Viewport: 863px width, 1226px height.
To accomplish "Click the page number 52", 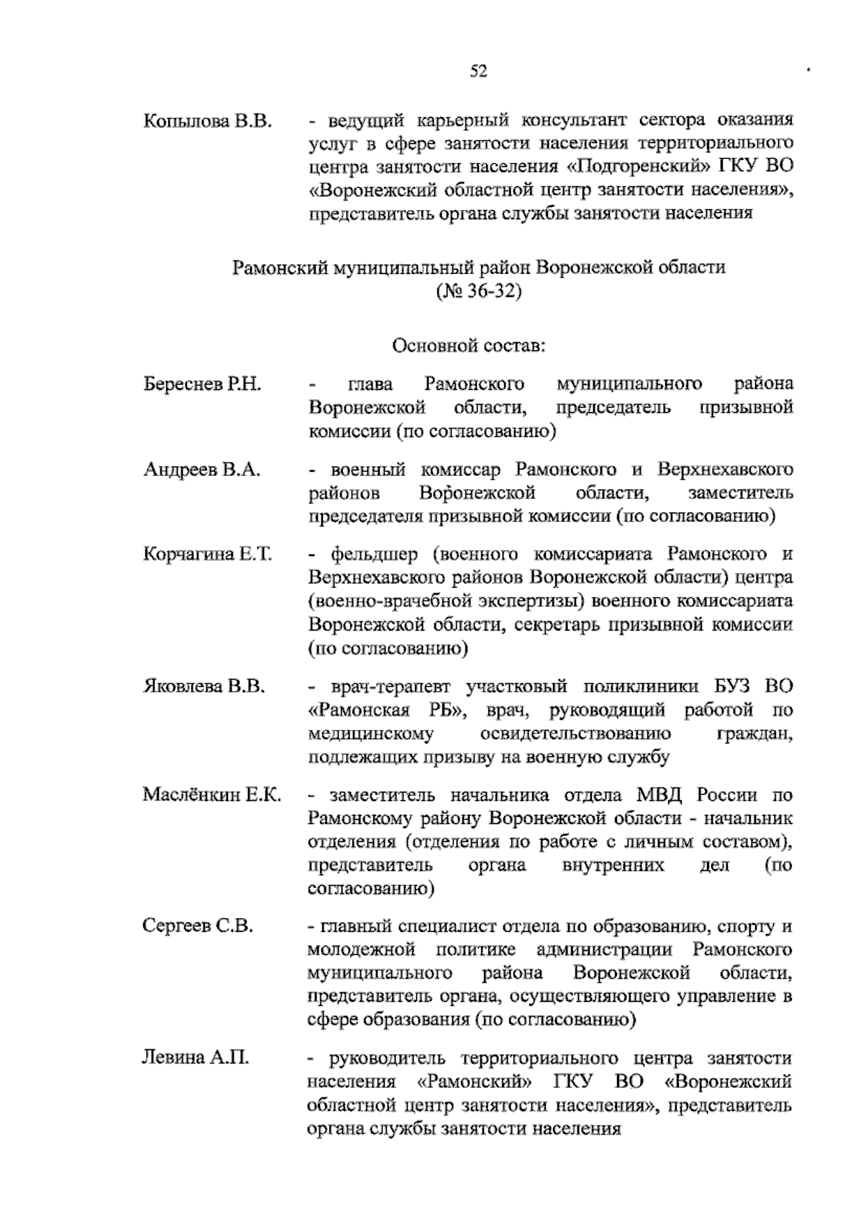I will click(x=478, y=70).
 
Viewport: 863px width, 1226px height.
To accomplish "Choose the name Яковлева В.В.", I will click(x=205, y=686).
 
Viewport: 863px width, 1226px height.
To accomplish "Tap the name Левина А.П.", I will click(x=196, y=1058).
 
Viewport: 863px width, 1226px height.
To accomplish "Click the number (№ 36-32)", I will click(x=478, y=293).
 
